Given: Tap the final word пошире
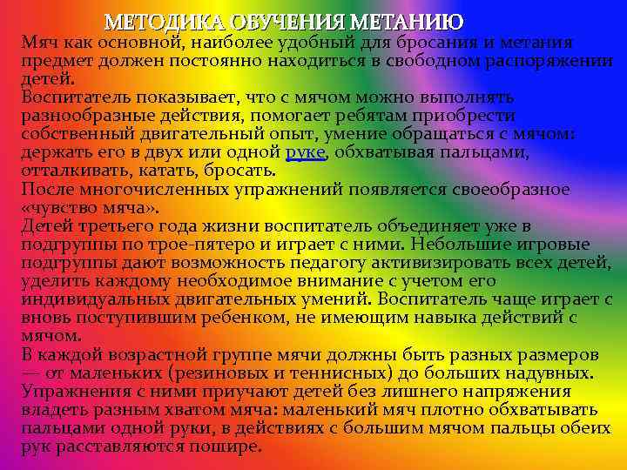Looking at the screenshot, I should [230, 446].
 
